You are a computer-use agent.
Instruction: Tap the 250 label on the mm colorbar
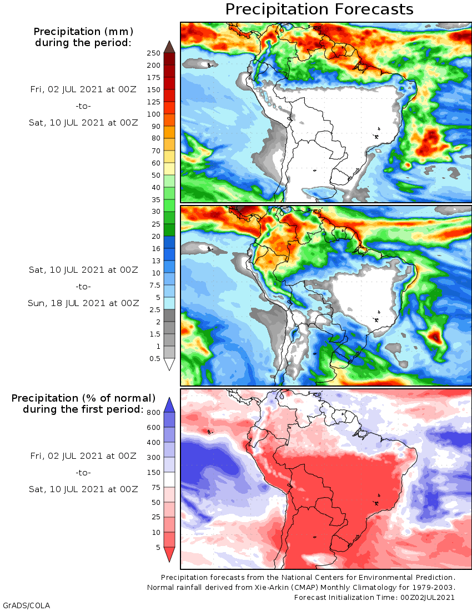coord(153,53)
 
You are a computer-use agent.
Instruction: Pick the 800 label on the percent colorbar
coord(153,412)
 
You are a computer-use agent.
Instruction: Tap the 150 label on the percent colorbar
coord(153,473)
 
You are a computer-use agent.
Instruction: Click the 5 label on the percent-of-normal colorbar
coord(157,548)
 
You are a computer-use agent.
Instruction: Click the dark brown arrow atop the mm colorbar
coord(169,46)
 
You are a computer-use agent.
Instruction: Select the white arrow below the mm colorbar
coord(169,365)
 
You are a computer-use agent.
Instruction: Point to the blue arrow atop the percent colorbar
coord(169,404)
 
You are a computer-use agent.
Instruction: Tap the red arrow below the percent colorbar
coord(169,554)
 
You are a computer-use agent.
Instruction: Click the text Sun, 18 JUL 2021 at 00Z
coord(83,303)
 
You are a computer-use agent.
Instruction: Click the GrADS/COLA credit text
coord(22,605)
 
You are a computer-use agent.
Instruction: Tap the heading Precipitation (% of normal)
coord(83,398)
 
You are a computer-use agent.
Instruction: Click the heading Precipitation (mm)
coord(83,31)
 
